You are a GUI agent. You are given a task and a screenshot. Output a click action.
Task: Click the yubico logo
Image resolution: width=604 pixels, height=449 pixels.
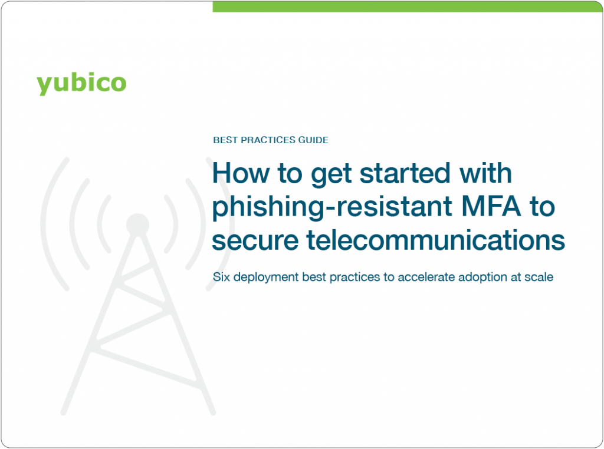coord(81,83)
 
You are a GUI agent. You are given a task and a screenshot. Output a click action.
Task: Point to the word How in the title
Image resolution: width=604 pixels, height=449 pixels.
coord(241,173)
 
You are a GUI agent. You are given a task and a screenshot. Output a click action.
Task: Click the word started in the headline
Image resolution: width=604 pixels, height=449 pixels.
coord(405,173)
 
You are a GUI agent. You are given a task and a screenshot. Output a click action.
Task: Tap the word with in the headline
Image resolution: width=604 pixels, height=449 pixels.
coord(486,173)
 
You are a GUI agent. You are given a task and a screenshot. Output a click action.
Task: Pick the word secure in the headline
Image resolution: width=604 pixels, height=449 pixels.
coord(255,240)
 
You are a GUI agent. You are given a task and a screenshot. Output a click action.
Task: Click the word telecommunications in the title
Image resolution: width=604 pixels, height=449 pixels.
coord(436,240)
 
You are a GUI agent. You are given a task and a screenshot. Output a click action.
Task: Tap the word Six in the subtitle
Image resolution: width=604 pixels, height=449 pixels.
coord(222,276)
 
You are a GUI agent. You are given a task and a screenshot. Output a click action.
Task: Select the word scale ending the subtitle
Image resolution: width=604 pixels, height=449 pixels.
coord(539,276)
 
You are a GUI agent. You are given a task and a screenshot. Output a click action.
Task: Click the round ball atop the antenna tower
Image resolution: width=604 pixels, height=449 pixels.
coord(137,224)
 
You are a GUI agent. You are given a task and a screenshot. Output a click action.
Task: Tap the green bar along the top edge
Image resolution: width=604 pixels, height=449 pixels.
coord(408,6)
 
